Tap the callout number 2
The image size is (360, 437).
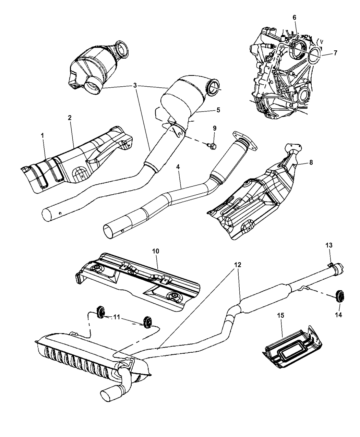(x=70, y=117)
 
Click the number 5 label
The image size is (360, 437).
(x=218, y=110)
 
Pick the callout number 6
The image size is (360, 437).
(x=295, y=17)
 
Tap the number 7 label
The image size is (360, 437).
(x=335, y=53)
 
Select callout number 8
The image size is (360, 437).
(x=311, y=163)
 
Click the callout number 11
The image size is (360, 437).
(x=117, y=318)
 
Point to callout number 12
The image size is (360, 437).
(x=238, y=265)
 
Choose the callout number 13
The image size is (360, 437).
(x=329, y=245)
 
